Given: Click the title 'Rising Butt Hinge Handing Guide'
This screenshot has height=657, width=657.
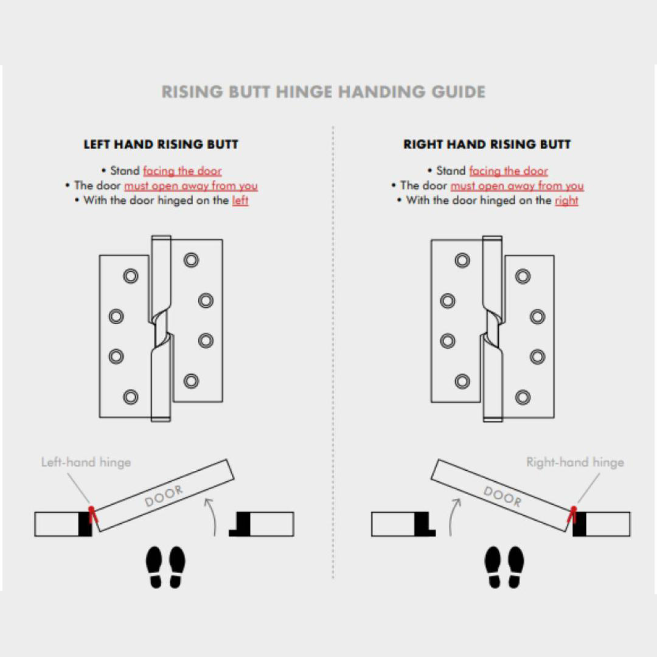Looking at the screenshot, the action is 323,92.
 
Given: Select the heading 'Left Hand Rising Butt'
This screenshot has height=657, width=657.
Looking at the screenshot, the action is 161,144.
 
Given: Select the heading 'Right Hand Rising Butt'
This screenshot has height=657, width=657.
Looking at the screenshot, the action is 487,144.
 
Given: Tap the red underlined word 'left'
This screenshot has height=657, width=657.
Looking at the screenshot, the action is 240,200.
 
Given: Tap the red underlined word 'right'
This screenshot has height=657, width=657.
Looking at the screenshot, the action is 566,200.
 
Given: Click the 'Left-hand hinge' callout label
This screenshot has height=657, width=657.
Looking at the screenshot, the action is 86,462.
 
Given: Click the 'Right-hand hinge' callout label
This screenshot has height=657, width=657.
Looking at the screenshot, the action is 575,462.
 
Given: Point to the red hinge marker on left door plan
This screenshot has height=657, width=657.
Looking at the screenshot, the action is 92,515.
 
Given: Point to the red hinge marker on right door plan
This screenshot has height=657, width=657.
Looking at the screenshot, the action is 572,515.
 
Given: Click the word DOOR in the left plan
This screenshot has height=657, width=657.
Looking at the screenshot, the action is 164,496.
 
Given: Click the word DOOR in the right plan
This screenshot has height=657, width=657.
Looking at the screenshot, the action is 502,496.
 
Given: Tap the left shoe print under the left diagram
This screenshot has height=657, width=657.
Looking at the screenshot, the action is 155,566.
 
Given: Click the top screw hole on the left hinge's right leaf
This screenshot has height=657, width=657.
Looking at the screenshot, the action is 191,260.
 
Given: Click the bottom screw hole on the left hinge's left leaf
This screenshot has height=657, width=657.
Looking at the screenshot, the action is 131,397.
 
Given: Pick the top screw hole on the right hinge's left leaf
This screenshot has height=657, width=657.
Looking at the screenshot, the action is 462,260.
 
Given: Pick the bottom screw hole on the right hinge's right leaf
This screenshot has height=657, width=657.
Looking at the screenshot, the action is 523,397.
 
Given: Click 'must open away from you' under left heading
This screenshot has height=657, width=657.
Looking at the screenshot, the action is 191,186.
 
